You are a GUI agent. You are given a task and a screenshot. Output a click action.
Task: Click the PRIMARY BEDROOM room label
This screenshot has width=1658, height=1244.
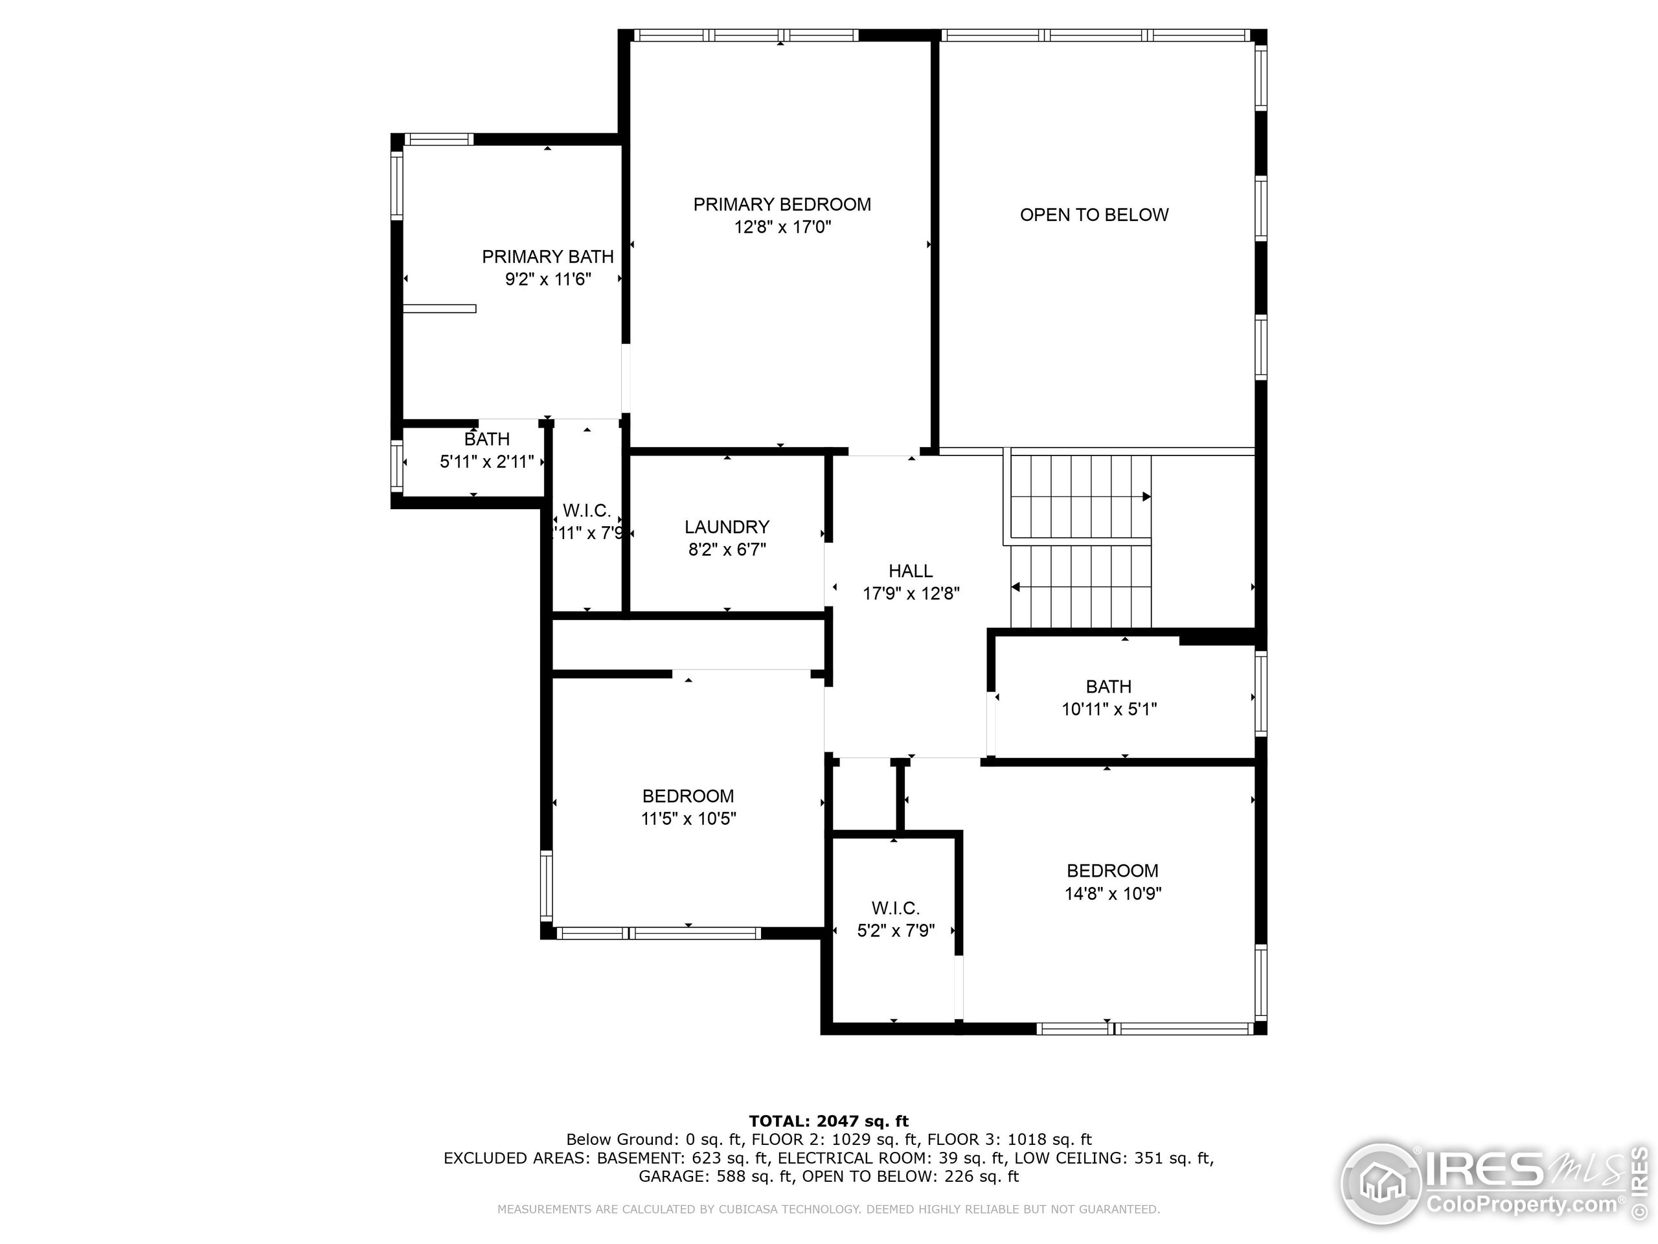782,205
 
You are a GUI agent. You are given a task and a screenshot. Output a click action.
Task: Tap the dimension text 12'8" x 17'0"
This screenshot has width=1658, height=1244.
782,227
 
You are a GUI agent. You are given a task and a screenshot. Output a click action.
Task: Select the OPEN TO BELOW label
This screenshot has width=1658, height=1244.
1094,215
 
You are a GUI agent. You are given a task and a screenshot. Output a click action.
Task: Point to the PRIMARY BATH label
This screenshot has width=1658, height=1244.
547,257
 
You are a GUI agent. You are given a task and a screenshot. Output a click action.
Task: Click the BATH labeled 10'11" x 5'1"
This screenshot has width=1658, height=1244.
1109,697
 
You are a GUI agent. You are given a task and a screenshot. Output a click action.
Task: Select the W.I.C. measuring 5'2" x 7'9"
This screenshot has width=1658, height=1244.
896,919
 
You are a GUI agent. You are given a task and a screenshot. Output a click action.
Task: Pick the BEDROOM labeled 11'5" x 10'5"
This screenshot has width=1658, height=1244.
688,807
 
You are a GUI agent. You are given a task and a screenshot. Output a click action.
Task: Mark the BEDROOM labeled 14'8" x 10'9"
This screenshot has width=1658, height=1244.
1112,882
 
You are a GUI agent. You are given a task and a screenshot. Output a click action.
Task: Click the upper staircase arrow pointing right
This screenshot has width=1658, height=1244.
1146,496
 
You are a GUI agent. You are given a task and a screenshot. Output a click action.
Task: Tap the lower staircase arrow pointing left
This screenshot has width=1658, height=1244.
1016,587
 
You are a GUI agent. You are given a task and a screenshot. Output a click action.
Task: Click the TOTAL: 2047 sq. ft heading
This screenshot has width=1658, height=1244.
828,1121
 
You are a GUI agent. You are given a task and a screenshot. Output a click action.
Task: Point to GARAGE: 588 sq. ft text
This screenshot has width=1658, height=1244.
714,1177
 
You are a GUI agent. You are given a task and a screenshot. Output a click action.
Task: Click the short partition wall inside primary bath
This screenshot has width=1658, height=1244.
439,309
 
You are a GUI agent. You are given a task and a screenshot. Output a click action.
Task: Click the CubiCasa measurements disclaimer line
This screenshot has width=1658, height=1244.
828,1209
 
